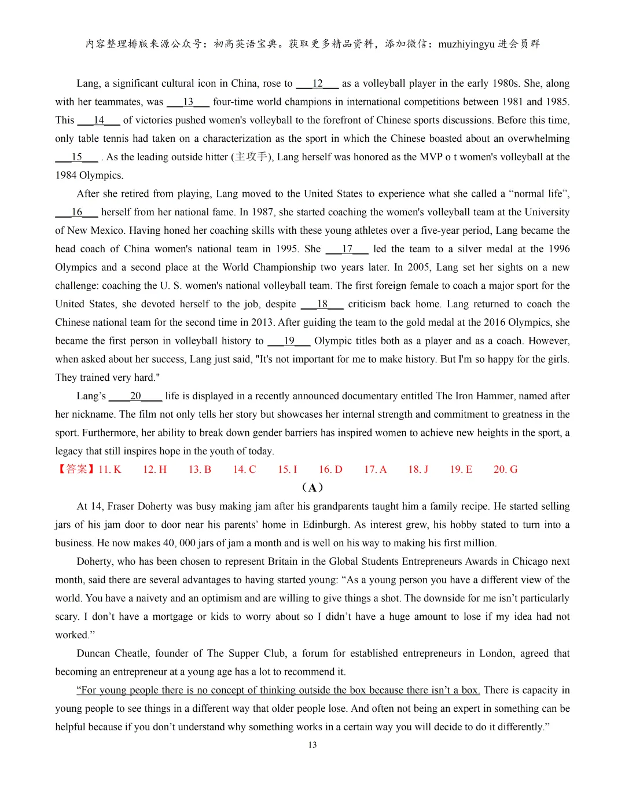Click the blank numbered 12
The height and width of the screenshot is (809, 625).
pos(317,83)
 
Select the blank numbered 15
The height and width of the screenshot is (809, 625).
pos(76,157)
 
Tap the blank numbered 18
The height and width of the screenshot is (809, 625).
pos(322,304)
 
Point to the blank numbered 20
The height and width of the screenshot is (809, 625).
pos(135,396)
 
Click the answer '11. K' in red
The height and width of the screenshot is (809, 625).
pos(109,469)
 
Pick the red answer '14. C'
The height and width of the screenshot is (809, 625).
pos(244,469)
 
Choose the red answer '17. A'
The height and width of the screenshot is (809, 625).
pos(375,469)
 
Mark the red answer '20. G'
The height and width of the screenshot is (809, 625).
pos(505,469)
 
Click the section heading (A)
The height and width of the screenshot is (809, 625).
pos(312,487)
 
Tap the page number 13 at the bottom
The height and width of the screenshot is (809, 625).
pos(312,745)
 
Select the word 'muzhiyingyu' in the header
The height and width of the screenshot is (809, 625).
pos(466,44)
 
